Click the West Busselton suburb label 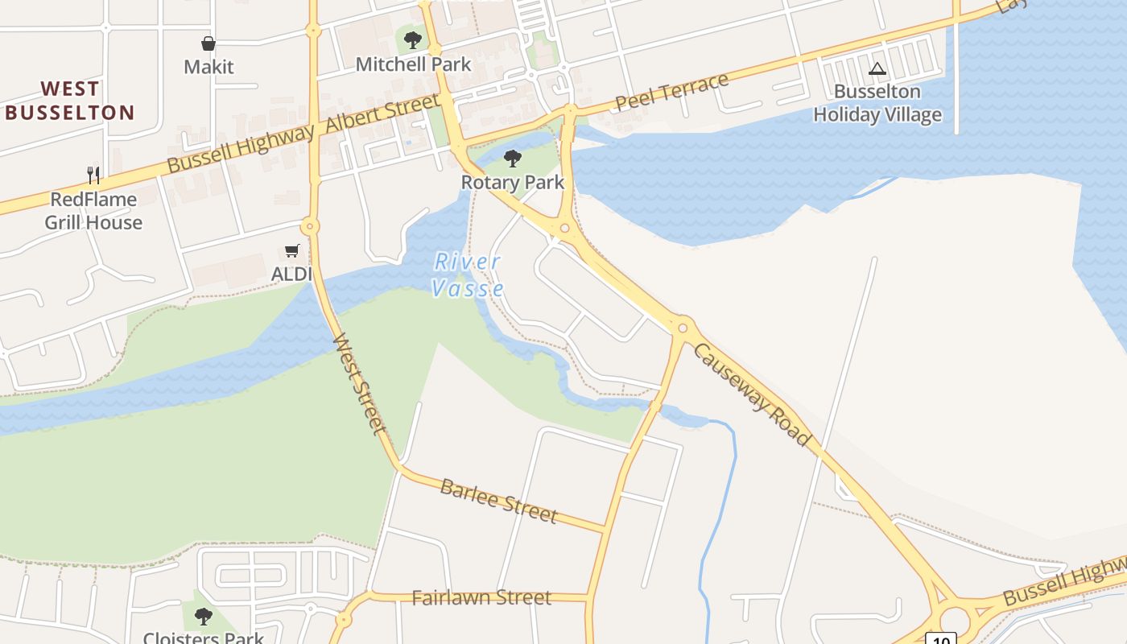(69, 101)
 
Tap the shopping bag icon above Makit (208, 43)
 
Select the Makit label (208, 67)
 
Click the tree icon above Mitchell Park (413, 39)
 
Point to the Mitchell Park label (413, 64)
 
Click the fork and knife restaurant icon (93, 175)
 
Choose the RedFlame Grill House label (93, 211)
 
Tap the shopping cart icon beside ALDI (292, 251)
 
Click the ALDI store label (291, 274)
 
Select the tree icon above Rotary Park (512, 158)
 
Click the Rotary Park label (513, 183)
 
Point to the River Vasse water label (468, 275)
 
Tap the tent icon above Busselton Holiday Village (877, 69)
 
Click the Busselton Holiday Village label (877, 103)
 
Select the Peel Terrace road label (672, 92)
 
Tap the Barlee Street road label (498, 500)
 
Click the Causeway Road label (751, 394)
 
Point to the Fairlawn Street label (481, 598)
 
